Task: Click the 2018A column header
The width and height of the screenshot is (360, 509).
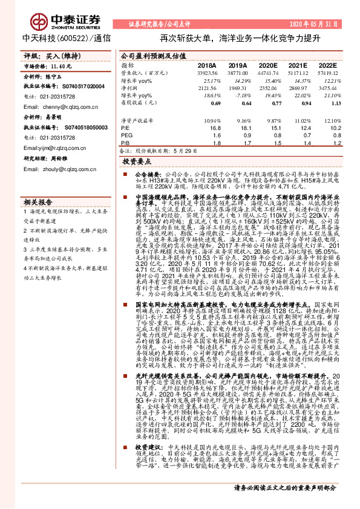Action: coord(207,65)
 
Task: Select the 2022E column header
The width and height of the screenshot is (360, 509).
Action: coord(327,65)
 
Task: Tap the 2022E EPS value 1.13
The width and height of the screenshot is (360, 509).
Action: coord(328,103)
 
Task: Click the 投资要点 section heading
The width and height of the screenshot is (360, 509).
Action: coord(136,161)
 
